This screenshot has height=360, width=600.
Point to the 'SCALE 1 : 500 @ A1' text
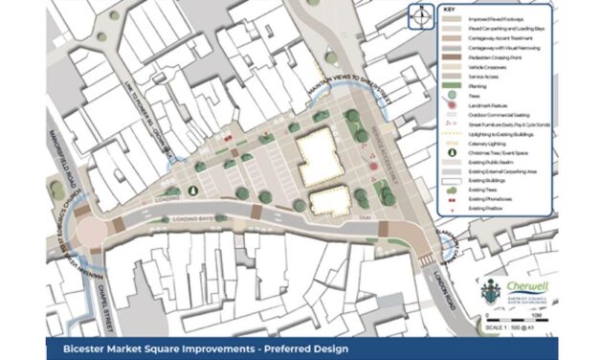click(524, 326)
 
